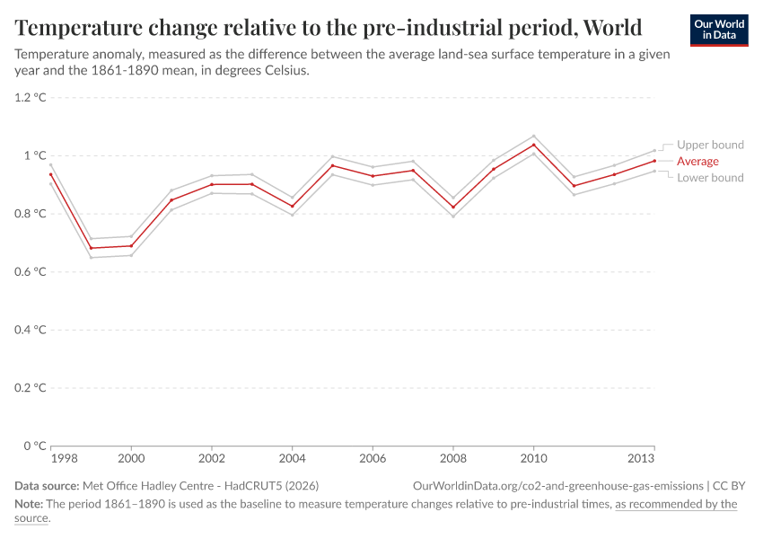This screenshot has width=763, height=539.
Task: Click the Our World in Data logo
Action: pyautogui.click(x=719, y=30)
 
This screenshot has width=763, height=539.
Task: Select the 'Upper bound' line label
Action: pyautogui.click(x=710, y=145)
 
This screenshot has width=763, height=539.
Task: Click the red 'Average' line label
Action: pyautogui.click(x=697, y=161)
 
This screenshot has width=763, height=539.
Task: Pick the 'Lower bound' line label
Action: pyautogui.click(x=710, y=178)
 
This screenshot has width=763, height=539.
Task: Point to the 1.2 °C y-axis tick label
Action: pyautogui.click(x=30, y=97)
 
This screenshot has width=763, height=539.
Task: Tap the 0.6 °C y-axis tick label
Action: pyautogui.click(x=30, y=271)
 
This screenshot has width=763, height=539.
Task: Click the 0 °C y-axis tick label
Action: pyautogui.click(x=34, y=446)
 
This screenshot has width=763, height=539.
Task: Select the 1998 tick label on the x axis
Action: pyautogui.click(x=64, y=459)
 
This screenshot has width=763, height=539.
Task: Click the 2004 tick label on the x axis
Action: pyautogui.click(x=292, y=459)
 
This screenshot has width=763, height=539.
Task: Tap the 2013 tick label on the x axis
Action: pyautogui.click(x=641, y=459)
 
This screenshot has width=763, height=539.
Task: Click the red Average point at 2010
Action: pyautogui.click(x=534, y=145)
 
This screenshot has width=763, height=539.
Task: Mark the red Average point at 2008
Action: pyautogui.click(x=453, y=207)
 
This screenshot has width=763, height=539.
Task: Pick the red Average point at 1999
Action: pyautogui.click(x=92, y=248)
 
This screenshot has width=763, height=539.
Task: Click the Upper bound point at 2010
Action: pyautogui.click(x=534, y=136)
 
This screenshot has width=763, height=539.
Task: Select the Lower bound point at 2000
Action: pyautogui.click(x=131, y=255)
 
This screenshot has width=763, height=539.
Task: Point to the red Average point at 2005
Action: pyautogui.click(x=332, y=165)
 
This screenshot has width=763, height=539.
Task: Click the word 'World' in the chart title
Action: pyautogui.click(x=612, y=28)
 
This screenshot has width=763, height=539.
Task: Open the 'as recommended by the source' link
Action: pyautogui.click(x=675, y=504)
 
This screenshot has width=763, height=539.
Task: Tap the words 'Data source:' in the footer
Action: pyautogui.click(x=52, y=485)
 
